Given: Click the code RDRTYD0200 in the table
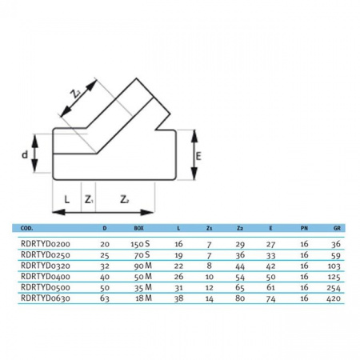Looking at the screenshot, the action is [x=46, y=244].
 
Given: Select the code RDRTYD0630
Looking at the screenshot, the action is [x=46, y=298].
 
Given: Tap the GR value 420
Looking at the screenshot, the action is [x=334, y=298].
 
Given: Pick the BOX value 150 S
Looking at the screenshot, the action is [x=140, y=244].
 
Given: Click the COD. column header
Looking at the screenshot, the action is [x=26, y=228].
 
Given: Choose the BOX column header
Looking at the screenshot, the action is [x=138, y=228].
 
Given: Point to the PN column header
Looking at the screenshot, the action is [x=304, y=228].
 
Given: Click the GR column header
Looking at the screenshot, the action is [x=337, y=228].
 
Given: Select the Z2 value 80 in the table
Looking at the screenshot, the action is [x=240, y=298].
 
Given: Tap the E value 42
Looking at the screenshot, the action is [x=270, y=266].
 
